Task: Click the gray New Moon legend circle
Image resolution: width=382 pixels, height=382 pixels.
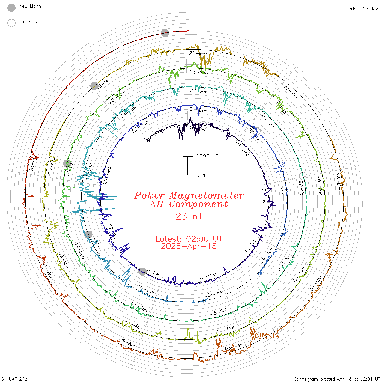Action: click(x=11, y=8)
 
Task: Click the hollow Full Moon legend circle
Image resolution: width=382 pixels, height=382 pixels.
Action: click(x=11, y=23)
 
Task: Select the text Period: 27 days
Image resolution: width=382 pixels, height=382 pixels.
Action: click(x=363, y=9)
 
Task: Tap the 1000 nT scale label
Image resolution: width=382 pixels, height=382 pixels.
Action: click(x=207, y=156)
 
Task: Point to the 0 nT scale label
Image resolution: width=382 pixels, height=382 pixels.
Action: click(x=202, y=175)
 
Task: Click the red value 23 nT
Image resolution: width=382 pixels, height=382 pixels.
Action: click(x=189, y=216)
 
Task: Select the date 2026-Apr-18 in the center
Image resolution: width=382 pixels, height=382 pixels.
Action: click(x=189, y=246)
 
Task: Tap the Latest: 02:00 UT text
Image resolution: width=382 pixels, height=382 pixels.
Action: click(x=189, y=239)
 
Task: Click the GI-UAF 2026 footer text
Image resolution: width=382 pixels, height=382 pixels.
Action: click(x=16, y=379)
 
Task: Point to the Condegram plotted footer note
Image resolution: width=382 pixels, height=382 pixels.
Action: click(x=337, y=379)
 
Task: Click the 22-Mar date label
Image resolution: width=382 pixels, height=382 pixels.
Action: click(x=198, y=53)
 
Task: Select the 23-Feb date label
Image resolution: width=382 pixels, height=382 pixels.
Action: click(x=199, y=72)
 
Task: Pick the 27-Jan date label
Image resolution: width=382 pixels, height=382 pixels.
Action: click(x=199, y=91)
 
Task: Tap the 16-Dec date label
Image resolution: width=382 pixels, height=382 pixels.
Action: click(x=208, y=276)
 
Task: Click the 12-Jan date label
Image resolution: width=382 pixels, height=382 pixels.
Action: click(x=214, y=294)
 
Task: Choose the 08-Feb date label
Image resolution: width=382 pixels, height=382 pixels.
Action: click(x=219, y=312)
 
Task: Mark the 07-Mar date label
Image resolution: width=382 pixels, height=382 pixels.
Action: click(x=226, y=329)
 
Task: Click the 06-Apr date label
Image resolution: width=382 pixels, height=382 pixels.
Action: click(x=128, y=343)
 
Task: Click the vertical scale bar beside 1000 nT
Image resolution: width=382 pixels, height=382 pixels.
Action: click(x=188, y=166)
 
